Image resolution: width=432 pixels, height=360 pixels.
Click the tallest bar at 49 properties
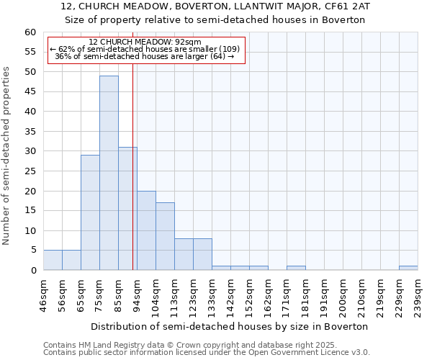tap(109, 173)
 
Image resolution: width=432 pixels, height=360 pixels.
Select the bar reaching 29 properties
tap(90, 212)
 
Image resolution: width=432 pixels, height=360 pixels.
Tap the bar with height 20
tap(146, 230)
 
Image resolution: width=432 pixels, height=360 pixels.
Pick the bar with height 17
tap(165, 236)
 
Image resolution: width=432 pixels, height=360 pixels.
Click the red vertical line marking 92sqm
tap(133, 180)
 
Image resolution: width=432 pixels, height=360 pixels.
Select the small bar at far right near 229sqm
tap(408, 268)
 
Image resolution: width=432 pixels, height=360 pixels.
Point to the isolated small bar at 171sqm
tap(296, 268)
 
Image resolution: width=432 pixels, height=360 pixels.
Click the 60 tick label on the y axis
tap(30, 32)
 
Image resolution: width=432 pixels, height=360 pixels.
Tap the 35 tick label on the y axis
tap(30, 132)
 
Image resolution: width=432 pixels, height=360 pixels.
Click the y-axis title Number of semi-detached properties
tap(7, 155)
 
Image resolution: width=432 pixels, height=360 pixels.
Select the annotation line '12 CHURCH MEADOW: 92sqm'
tap(145, 42)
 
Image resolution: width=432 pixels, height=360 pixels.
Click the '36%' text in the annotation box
tap(63, 56)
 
